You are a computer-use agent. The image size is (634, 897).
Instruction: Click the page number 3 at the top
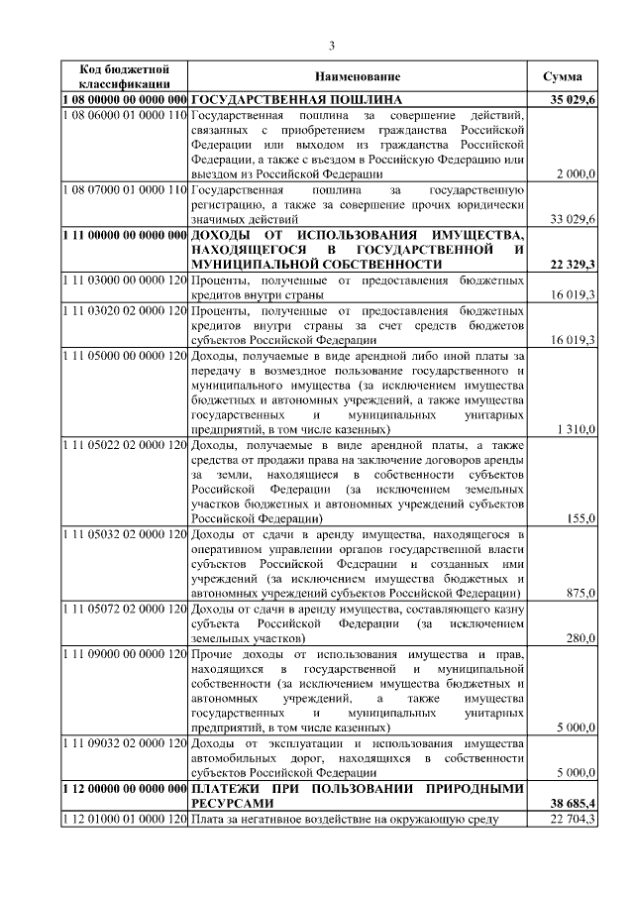(333, 45)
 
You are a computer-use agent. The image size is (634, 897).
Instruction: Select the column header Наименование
(358, 77)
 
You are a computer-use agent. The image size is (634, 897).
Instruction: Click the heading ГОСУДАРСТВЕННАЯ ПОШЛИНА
(296, 100)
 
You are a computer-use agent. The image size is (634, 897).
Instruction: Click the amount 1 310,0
(576, 429)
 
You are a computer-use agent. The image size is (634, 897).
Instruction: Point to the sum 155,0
(580, 518)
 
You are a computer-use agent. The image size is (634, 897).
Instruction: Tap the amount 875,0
(580, 593)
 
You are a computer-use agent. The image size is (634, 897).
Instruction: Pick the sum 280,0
(580, 638)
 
